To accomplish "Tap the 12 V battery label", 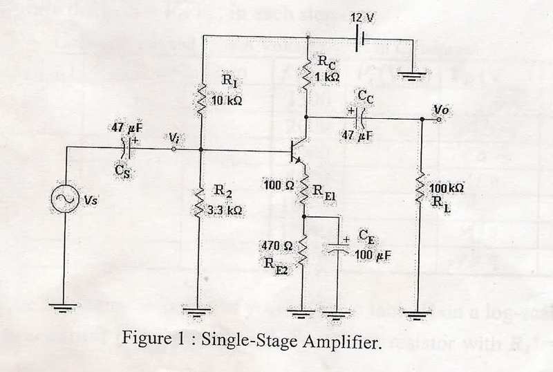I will pyautogui.click(x=362, y=16).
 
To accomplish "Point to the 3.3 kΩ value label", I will pyautogui.click(x=226, y=210).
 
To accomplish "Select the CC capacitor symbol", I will pyautogui.click(x=359, y=118).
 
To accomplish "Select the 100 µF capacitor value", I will pyautogui.click(x=373, y=255).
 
